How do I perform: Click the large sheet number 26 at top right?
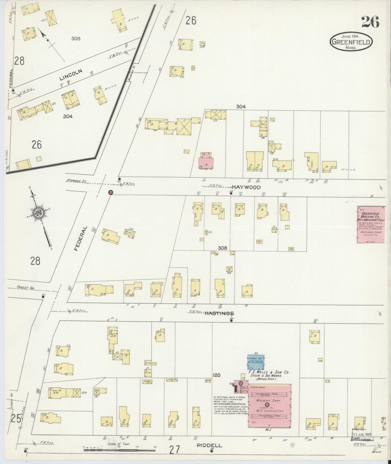[370, 22]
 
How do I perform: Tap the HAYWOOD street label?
[246, 187]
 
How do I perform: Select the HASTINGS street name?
[219, 313]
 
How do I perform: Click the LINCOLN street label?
[71, 74]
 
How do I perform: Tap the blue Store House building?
[256, 362]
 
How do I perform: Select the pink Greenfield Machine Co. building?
[371, 224]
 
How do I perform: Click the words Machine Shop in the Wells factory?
[268, 400]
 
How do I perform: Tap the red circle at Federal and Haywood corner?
[110, 192]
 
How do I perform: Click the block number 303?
[75, 38]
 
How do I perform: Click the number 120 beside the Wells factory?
[216, 375]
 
